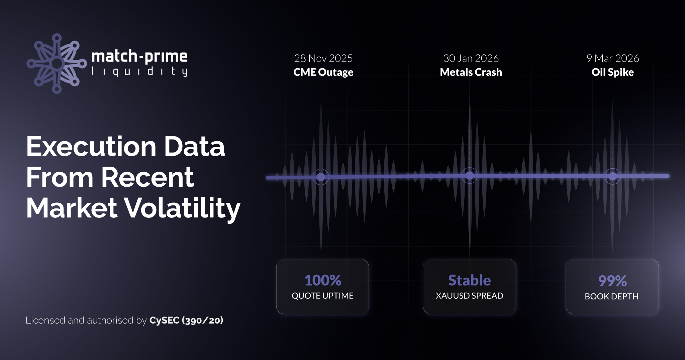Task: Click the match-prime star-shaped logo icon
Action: click(x=57, y=63)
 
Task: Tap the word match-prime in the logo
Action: click(x=139, y=56)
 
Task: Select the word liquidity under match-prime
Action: click(x=139, y=71)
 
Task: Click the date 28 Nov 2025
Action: click(x=323, y=58)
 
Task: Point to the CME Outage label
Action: click(x=323, y=72)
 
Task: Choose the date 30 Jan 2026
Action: click(x=471, y=58)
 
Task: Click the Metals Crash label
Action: click(x=471, y=72)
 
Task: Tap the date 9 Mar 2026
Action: click(x=612, y=58)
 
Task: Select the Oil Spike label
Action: click(x=612, y=72)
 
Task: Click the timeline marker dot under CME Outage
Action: click(x=321, y=177)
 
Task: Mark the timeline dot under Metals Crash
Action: click(x=470, y=175)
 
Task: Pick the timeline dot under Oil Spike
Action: click(x=612, y=176)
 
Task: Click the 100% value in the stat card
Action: click(x=323, y=280)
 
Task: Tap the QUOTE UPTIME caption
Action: click(x=322, y=296)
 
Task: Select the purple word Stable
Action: click(x=469, y=280)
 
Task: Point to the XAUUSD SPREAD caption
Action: click(x=469, y=296)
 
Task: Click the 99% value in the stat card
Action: click(x=612, y=281)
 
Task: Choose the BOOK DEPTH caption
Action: click(x=611, y=296)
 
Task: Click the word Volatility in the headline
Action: click(x=183, y=208)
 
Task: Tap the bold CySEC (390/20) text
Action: click(x=186, y=321)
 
